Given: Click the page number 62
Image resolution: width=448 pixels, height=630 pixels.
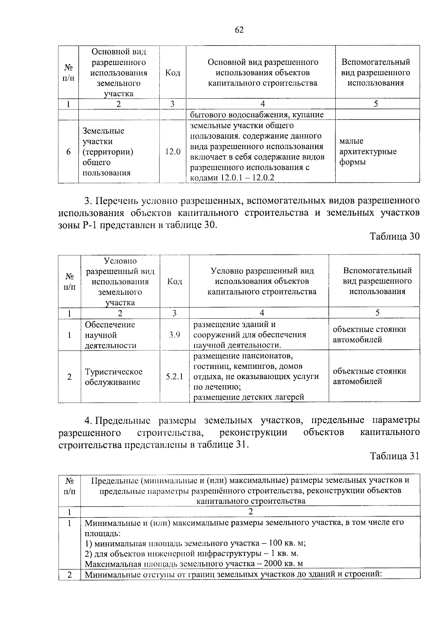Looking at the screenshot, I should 239,30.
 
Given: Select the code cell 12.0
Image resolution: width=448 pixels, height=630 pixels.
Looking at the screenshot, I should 172,152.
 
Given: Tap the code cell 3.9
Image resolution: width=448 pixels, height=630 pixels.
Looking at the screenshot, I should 174,335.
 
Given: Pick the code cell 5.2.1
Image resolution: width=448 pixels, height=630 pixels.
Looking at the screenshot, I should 174,377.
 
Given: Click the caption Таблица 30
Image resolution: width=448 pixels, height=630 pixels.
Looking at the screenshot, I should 395,237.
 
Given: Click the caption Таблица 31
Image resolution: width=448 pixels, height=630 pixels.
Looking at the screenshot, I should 395,456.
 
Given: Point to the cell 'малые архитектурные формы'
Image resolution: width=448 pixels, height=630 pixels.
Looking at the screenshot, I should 368,152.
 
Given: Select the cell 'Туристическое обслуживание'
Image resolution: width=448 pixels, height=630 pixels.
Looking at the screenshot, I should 113,377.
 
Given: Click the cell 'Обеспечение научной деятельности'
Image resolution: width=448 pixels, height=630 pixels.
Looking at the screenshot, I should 110,335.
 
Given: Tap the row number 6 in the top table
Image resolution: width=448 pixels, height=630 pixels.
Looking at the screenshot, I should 68,152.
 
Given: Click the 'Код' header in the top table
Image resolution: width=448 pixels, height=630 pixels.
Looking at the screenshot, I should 172,72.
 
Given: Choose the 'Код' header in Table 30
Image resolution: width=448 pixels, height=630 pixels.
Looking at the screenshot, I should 174,281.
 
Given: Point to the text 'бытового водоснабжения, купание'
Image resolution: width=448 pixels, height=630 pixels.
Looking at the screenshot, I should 257,114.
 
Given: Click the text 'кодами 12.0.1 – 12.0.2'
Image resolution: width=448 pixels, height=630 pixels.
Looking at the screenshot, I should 232,177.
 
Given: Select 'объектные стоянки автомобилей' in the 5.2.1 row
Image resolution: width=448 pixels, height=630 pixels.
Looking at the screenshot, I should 369,376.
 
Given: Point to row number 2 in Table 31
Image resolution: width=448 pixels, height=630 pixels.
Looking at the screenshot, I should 69,575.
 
